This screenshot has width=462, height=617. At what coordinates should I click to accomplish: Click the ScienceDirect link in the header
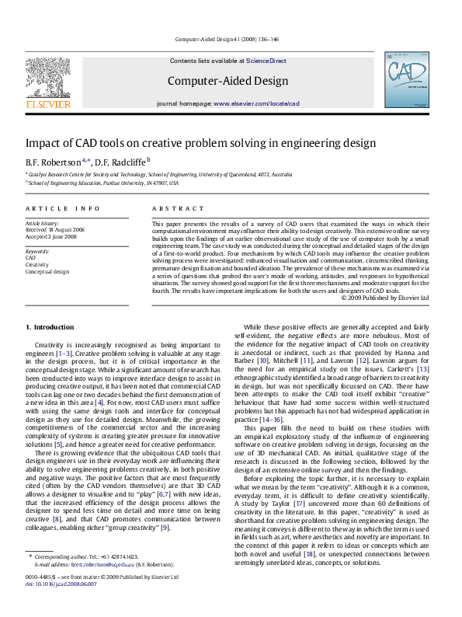coord(266,61)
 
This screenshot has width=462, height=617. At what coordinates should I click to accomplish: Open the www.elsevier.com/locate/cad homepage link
coord(256,103)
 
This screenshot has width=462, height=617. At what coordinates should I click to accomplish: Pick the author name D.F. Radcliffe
coord(120,162)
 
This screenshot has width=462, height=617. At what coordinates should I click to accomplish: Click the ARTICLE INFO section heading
coord(62,209)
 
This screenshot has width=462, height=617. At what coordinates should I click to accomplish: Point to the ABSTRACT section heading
coord(172,209)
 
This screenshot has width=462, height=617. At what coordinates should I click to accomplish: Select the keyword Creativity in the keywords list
coord(37,265)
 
